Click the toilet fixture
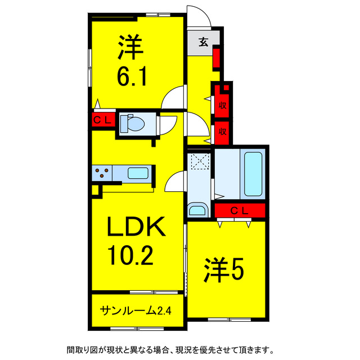(132, 124)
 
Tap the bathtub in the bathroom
(253, 174)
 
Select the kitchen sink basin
(138, 173)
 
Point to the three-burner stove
(102, 173)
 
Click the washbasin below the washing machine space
(197, 209)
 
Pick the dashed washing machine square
(201, 161)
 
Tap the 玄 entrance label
(204, 42)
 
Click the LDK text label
(136, 227)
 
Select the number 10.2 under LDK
(130, 255)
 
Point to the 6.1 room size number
(132, 76)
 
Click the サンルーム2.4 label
(136, 311)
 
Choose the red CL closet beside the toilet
(103, 120)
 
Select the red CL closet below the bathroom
(240, 210)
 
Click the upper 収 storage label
(223, 106)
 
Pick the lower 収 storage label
(223, 132)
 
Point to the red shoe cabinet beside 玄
(216, 58)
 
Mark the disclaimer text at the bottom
(170, 350)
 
